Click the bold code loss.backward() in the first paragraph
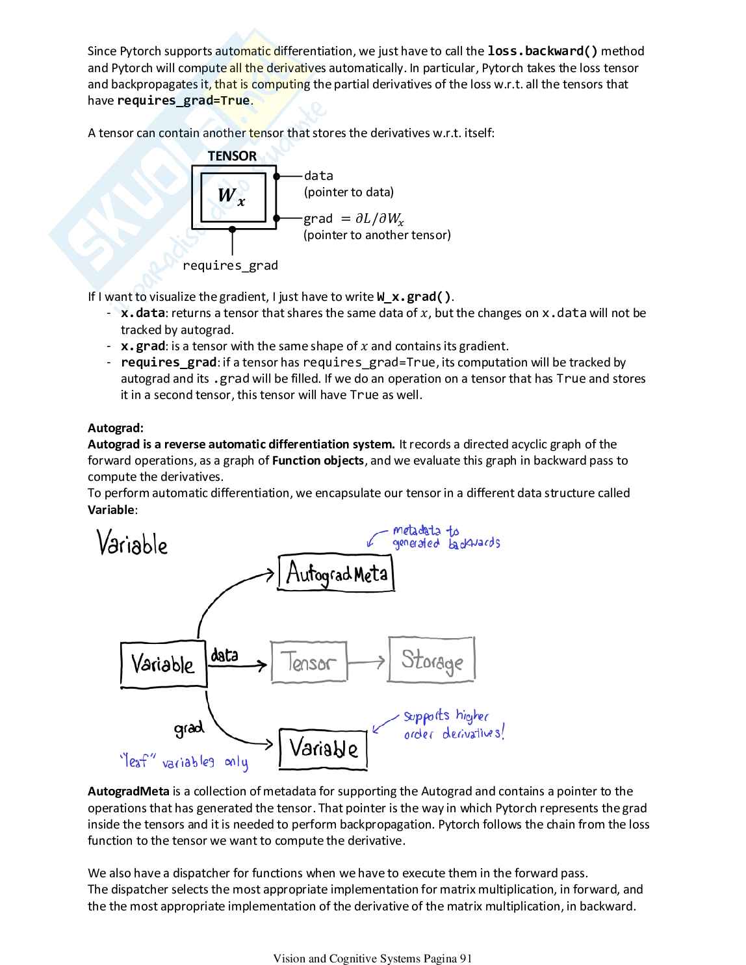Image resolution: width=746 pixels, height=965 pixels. (x=542, y=51)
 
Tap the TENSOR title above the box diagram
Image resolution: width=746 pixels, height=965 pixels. (x=232, y=156)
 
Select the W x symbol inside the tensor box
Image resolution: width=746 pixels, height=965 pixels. (x=231, y=196)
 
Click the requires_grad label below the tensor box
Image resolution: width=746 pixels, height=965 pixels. (x=230, y=265)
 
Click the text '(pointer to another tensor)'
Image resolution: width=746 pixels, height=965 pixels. (x=377, y=235)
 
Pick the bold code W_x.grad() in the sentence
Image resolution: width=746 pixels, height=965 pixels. (x=413, y=297)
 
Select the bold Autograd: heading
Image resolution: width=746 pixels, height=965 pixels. (x=116, y=428)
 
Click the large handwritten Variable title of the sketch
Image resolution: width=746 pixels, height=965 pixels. (x=132, y=543)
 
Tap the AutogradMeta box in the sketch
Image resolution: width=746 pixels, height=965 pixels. (x=336, y=573)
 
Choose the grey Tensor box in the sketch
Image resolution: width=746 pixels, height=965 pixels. (x=309, y=662)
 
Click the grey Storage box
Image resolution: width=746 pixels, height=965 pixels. (x=431, y=660)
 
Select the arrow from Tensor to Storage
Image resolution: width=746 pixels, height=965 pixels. (x=367, y=662)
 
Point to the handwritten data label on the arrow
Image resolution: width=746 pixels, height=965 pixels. (x=225, y=655)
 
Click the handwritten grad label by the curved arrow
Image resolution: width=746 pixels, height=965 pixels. (x=188, y=728)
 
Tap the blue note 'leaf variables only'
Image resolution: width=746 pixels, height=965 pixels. (x=184, y=761)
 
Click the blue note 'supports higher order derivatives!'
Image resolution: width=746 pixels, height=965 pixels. (x=453, y=725)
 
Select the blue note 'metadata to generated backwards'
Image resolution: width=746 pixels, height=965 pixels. (x=445, y=537)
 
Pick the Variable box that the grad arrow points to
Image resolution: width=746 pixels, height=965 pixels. (x=323, y=749)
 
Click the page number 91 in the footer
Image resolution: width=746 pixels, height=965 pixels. (x=465, y=958)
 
